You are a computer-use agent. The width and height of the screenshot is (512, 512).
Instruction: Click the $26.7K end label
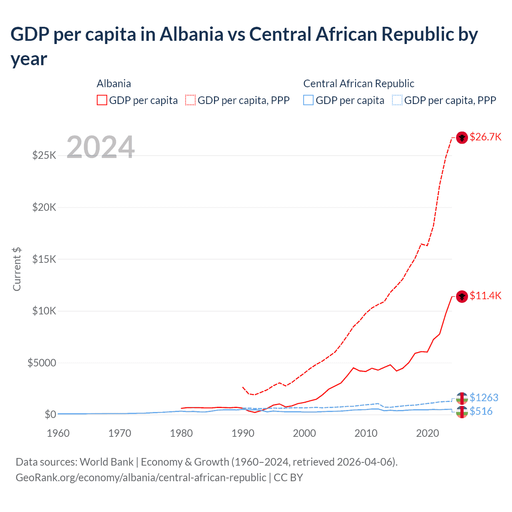click(x=485, y=137)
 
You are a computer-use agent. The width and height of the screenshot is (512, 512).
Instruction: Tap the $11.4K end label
click(x=485, y=296)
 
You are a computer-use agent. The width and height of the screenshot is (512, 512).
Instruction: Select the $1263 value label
click(x=484, y=398)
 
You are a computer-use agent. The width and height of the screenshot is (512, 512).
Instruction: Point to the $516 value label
click(x=481, y=411)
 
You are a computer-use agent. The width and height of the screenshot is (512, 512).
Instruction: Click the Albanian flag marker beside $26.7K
click(x=462, y=138)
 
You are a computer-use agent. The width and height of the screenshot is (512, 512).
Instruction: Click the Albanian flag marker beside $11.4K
click(x=462, y=296)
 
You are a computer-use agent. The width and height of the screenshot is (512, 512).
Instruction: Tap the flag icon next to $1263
click(x=462, y=398)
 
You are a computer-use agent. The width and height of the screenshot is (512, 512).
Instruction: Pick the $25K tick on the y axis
click(x=44, y=155)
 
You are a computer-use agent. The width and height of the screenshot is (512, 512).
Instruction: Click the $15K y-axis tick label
click(x=44, y=259)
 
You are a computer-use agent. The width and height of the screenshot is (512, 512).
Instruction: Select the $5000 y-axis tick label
click(x=42, y=363)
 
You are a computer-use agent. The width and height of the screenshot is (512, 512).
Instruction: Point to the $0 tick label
click(x=50, y=414)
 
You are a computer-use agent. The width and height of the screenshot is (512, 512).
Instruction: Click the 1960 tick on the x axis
click(x=58, y=433)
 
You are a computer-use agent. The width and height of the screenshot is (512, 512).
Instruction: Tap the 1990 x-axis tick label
click(x=243, y=433)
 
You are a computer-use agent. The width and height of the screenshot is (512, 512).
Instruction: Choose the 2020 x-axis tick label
click(x=428, y=433)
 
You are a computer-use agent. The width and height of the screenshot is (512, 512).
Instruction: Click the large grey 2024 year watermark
click(x=100, y=147)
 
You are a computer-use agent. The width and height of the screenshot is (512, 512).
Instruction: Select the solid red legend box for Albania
click(x=102, y=100)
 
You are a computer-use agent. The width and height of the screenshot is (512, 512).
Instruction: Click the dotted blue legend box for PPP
click(x=397, y=100)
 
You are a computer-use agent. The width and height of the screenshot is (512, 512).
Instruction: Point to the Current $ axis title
click(x=17, y=269)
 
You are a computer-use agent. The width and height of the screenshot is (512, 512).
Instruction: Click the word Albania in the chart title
click(x=191, y=34)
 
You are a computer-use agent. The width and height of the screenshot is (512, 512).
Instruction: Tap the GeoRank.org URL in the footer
click(x=141, y=478)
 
